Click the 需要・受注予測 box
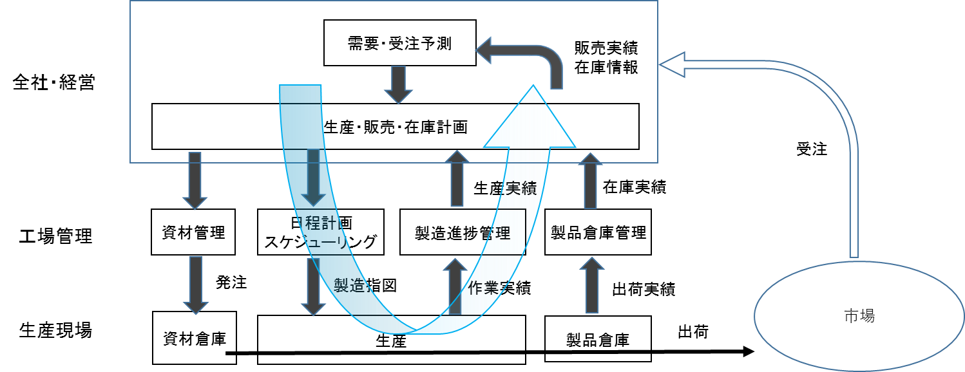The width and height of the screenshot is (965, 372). coord(399,43)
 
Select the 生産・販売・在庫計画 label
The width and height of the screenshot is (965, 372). coord(394,127)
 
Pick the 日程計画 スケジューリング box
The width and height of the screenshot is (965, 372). coord(320,232)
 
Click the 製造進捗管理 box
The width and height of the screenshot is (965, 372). coord(463,232)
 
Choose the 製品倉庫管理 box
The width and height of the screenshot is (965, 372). coord(598,232)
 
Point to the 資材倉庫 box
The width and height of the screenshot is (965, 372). coord(194,337)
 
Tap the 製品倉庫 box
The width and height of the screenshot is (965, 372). coord(598,339)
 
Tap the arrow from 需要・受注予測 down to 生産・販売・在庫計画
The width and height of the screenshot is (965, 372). coord(399,84)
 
